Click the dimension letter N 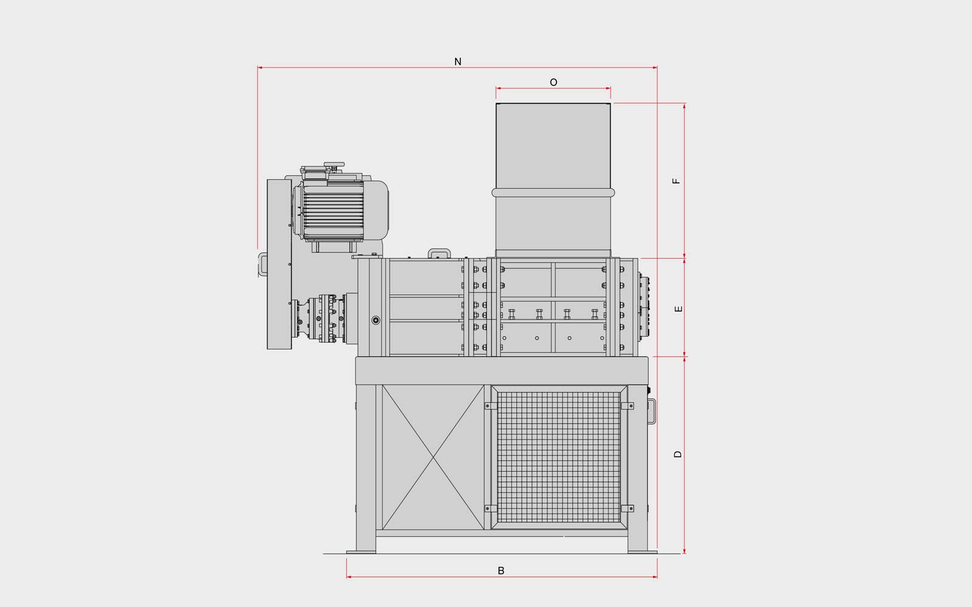457,61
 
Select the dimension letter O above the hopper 553,83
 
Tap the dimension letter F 676,181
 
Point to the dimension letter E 679,309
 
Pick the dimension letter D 678,455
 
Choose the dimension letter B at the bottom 501,571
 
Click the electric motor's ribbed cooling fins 334,211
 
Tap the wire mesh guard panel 558,457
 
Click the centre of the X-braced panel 433,457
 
